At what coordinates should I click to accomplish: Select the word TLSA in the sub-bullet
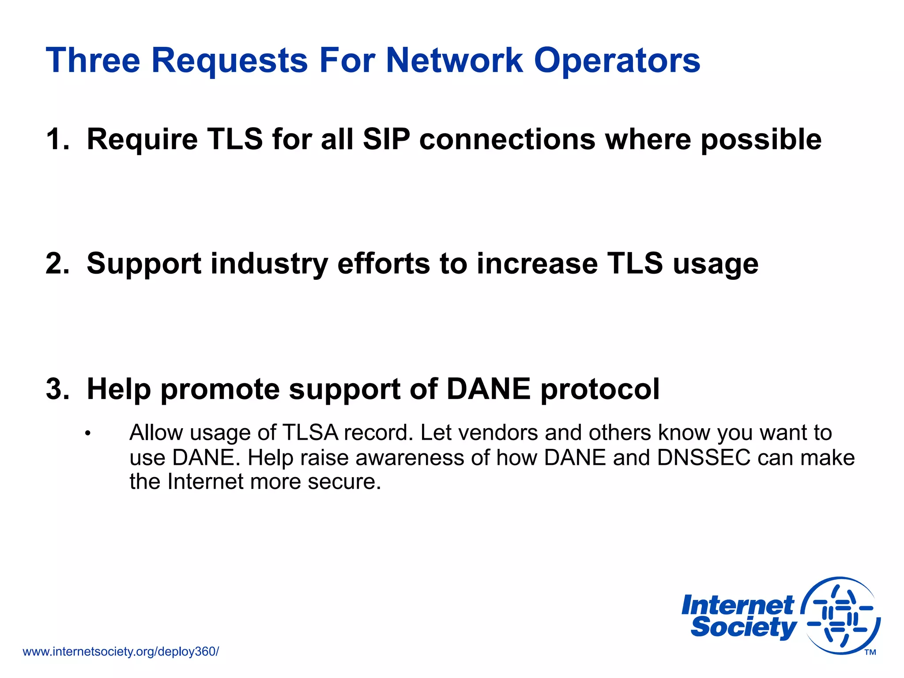(x=310, y=433)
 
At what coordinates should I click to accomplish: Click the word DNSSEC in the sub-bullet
(x=704, y=457)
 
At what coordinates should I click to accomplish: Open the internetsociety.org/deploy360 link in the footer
(x=121, y=652)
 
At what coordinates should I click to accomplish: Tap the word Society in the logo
(x=743, y=628)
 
